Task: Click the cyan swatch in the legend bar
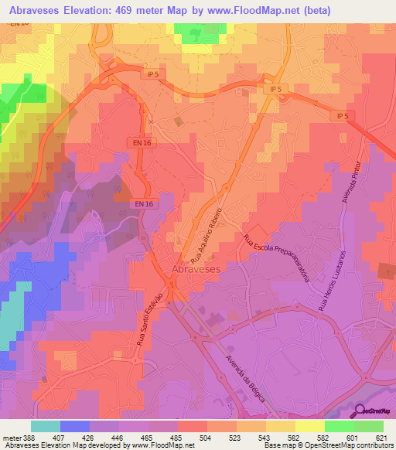46,426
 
